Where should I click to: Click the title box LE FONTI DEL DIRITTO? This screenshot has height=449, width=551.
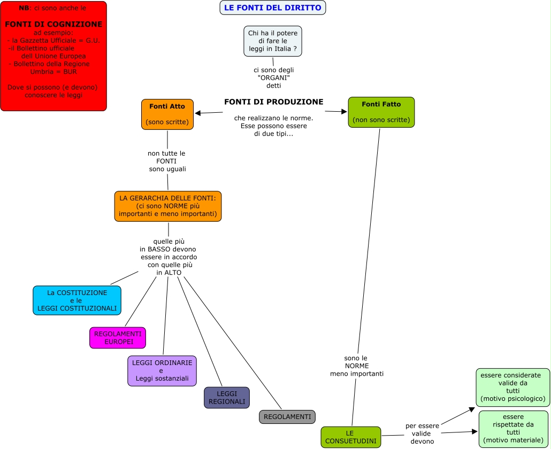[272, 7]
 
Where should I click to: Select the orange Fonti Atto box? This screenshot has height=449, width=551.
[167, 114]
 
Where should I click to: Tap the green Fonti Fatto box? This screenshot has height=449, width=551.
[381, 112]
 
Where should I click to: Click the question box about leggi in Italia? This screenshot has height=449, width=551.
[273, 41]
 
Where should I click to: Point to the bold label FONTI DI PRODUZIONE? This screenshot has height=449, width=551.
[273, 102]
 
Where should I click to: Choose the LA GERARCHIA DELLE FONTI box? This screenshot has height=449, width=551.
[168, 206]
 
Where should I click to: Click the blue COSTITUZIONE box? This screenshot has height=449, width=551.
[77, 300]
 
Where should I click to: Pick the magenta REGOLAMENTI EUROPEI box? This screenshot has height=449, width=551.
[118, 338]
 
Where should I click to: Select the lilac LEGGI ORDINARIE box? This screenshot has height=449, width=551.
[162, 371]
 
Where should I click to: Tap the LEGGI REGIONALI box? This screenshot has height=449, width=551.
[227, 398]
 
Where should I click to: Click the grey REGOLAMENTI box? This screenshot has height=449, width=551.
[287, 417]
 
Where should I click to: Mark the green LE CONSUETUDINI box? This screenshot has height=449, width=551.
[350, 437]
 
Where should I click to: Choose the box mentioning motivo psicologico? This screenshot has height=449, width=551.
[512, 387]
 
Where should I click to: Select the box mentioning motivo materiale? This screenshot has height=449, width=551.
[513, 429]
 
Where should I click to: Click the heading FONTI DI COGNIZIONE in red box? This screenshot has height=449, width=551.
[53, 24]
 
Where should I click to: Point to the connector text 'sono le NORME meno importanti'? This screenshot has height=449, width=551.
[356, 366]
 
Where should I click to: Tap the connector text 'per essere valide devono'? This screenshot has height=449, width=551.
[422, 433]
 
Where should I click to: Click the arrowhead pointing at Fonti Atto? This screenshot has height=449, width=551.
[197, 113]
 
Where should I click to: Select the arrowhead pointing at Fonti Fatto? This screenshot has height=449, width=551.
[345, 112]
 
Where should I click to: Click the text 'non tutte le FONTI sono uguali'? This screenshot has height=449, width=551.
[167, 161]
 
